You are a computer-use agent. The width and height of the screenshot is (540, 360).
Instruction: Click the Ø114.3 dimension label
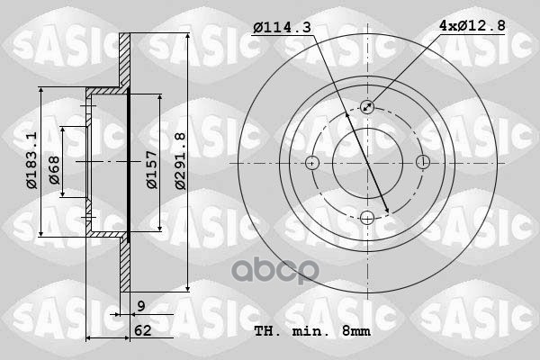tap(282, 28)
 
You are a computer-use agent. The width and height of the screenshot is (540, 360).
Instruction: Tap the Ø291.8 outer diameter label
tap(180, 161)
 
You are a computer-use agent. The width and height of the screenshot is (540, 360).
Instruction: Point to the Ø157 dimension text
tap(152, 168)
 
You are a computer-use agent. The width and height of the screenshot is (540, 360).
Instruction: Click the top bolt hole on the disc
tap(367, 107)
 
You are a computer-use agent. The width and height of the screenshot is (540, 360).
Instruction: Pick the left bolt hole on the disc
tap(312, 163)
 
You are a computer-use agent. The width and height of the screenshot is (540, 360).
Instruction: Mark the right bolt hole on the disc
tap(423, 163)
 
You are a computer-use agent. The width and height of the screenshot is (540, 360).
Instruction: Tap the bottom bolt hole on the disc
tap(367, 217)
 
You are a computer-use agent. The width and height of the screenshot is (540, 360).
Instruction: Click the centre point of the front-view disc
tap(367, 163)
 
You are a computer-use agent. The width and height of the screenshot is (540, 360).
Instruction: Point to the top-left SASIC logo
tap(40, 40)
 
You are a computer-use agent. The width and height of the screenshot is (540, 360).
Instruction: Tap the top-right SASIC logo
tap(486, 40)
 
